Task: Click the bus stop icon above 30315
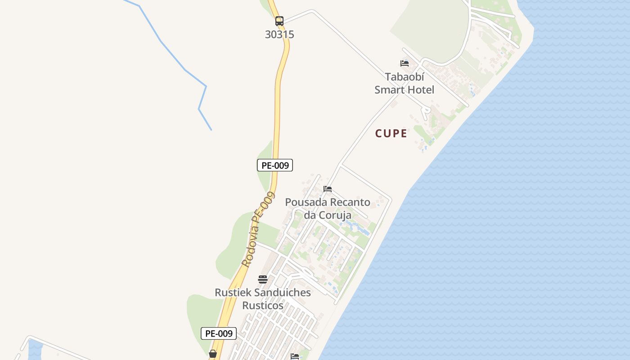point(279,21)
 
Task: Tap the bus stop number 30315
point(279,35)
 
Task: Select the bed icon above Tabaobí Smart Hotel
point(405,63)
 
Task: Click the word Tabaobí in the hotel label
point(405,77)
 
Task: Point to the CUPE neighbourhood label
point(391,133)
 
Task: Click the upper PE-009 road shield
point(275,165)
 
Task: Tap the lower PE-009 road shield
point(219,333)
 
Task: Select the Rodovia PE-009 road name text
point(258,229)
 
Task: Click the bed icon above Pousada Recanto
point(328,189)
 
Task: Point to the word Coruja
point(335,215)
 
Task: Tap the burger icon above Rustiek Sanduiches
point(263,279)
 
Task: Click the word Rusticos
point(263,306)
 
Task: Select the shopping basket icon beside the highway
point(213,354)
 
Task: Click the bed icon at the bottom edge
point(295,356)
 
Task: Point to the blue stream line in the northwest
point(184,69)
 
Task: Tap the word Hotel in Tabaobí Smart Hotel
point(422,90)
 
